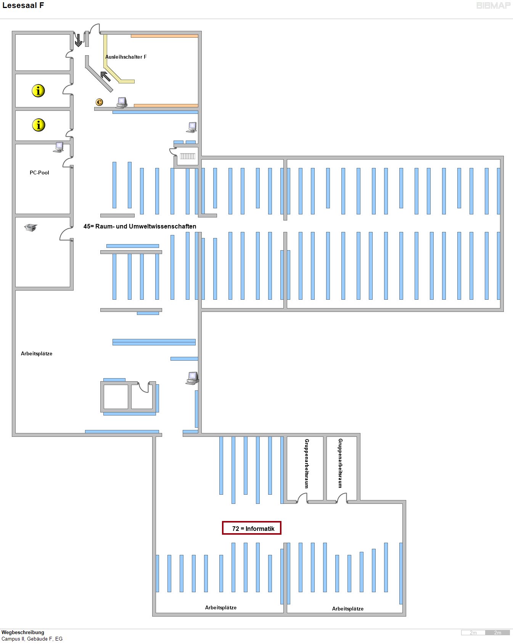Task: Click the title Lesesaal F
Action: tap(23, 5)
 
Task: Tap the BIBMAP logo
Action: tap(493, 5)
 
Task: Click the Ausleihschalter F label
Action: tap(126, 57)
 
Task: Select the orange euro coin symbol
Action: tap(99, 102)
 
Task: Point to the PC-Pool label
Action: tap(39, 173)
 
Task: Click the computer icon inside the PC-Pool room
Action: tap(59, 147)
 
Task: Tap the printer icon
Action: tap(31, 227)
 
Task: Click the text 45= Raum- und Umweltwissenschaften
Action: tap(140, 226)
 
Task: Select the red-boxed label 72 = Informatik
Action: tap(252, 528)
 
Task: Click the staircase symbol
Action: tap(187, 156)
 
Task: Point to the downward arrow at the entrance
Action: tap(78, 40)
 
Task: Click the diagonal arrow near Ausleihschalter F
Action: tap(105, 76)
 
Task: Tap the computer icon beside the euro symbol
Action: tap(122, 102)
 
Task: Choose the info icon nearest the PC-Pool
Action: tap(39, 125)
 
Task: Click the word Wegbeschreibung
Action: tap(23, 632)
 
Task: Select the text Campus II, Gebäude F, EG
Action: tap(32, 639)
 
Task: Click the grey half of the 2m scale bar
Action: tap(497, 633)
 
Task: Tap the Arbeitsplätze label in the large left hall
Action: tap(37, 353)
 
